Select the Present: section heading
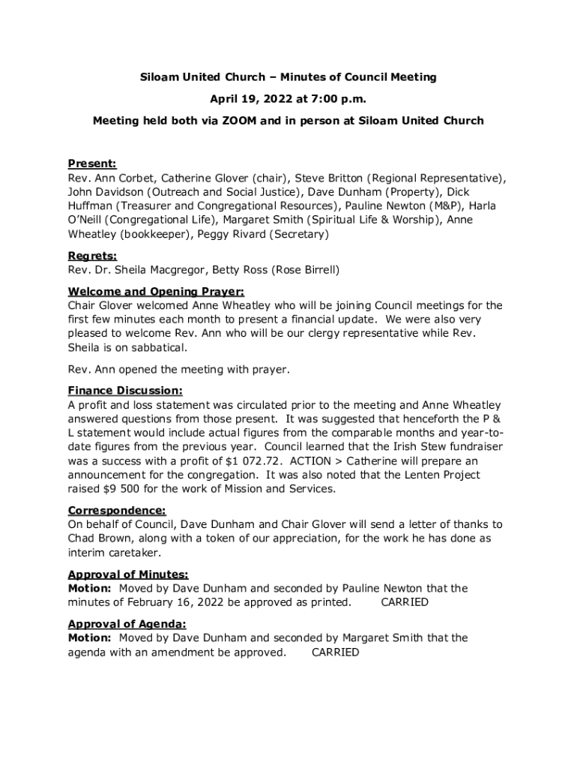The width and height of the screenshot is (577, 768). [92, 163]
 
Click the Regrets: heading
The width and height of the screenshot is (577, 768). [93, 256]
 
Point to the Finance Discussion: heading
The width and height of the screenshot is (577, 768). [125, 391]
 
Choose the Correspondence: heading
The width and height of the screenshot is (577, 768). [117, 510]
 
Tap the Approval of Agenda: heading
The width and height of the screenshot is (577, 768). [127, 624]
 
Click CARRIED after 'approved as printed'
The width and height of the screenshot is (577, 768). [405, 602]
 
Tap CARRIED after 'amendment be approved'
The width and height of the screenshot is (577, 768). [335, 652]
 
